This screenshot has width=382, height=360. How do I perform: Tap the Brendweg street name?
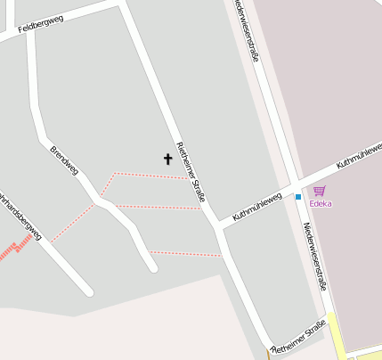click(x=64, y=158)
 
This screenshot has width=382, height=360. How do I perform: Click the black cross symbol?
click(x=167, y=160)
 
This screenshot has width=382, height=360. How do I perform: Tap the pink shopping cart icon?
click(x=320, y=191)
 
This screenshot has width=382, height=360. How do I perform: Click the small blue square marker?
click(x=298, y=196)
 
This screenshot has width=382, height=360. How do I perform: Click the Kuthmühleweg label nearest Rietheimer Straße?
click(x=256, y=206)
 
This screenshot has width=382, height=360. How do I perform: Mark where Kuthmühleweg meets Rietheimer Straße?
click(x=219, y=225)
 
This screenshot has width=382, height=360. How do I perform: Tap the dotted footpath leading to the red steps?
click(x=71, y=223)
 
